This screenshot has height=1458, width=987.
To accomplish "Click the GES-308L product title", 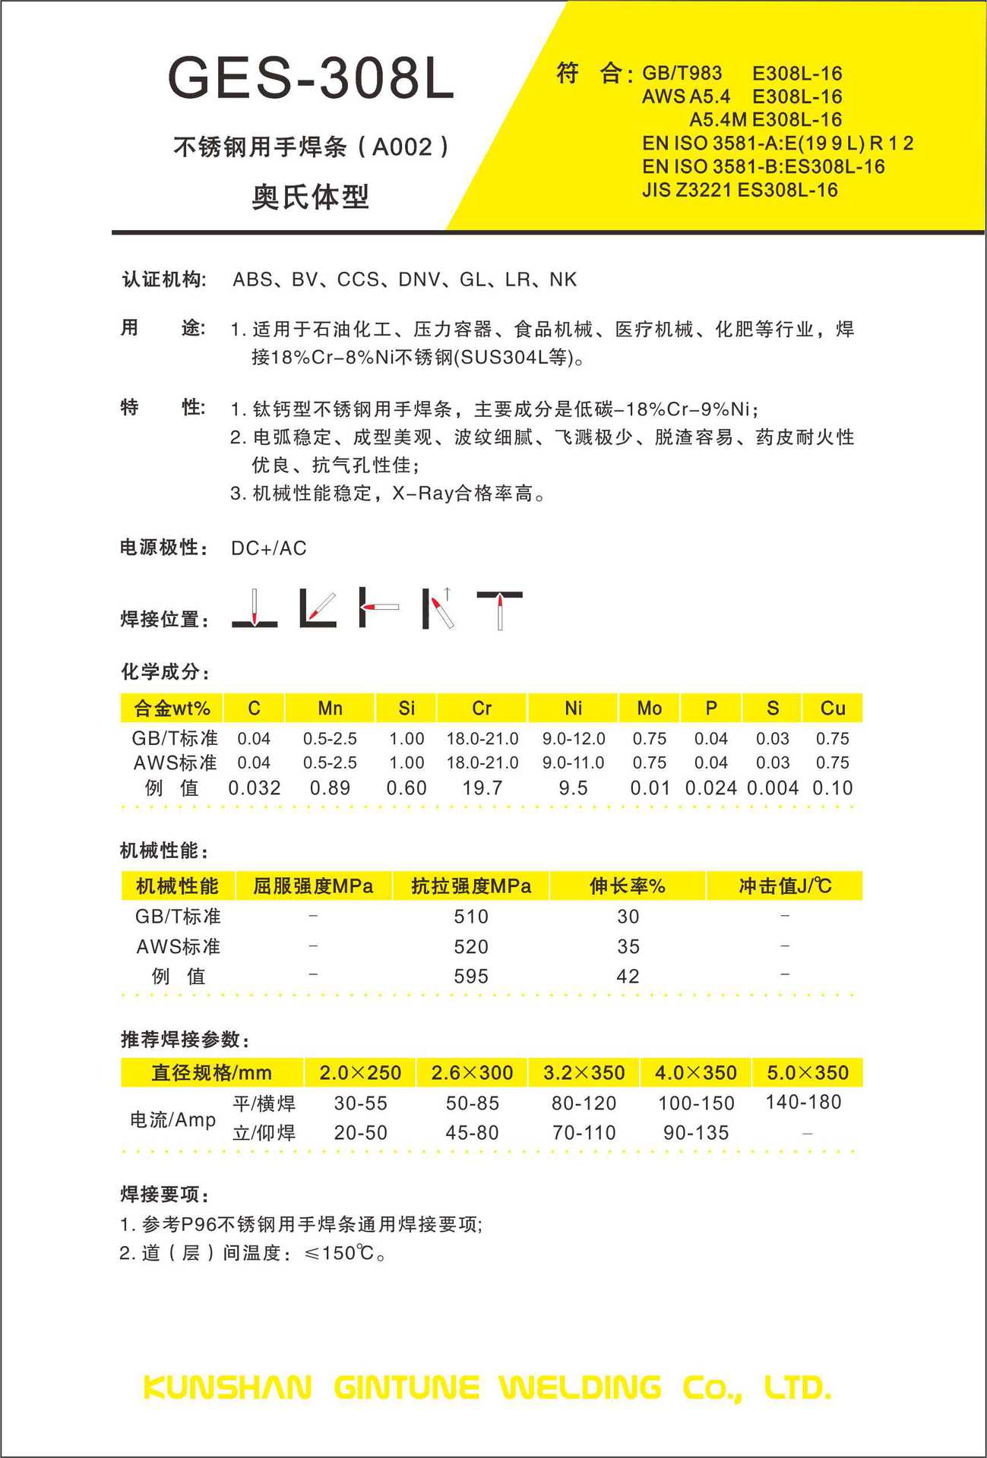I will (311, 78).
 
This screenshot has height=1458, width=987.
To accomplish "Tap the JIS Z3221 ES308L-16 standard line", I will (739, 190).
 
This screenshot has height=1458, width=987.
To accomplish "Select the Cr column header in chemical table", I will (482, 708).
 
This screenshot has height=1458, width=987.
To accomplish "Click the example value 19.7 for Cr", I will (482, 788).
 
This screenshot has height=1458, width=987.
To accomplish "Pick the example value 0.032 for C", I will (255, 788).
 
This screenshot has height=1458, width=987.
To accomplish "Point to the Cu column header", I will (833, 708).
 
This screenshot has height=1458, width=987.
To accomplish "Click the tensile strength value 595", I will (471, 977).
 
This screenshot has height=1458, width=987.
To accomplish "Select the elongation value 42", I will (628, 977).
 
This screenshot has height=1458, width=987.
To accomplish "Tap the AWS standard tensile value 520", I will (471, 947).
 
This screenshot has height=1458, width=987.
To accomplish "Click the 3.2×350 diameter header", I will (584, 1073).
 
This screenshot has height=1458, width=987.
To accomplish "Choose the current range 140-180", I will (803, 1102).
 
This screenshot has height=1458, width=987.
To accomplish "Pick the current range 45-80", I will (472, 1133).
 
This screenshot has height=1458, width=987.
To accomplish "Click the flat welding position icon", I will (255, 609).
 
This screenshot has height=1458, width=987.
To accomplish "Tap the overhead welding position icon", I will (500, 609).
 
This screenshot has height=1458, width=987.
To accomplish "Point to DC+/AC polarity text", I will (269, 548).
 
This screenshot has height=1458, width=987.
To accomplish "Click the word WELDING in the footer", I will (580, 1388).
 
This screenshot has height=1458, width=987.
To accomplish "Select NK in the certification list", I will (563, 280).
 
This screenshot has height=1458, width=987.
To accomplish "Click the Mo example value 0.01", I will (650, 788).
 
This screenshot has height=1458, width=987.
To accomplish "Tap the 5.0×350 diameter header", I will (808, 1073).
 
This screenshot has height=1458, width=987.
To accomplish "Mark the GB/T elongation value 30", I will (628, 917).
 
